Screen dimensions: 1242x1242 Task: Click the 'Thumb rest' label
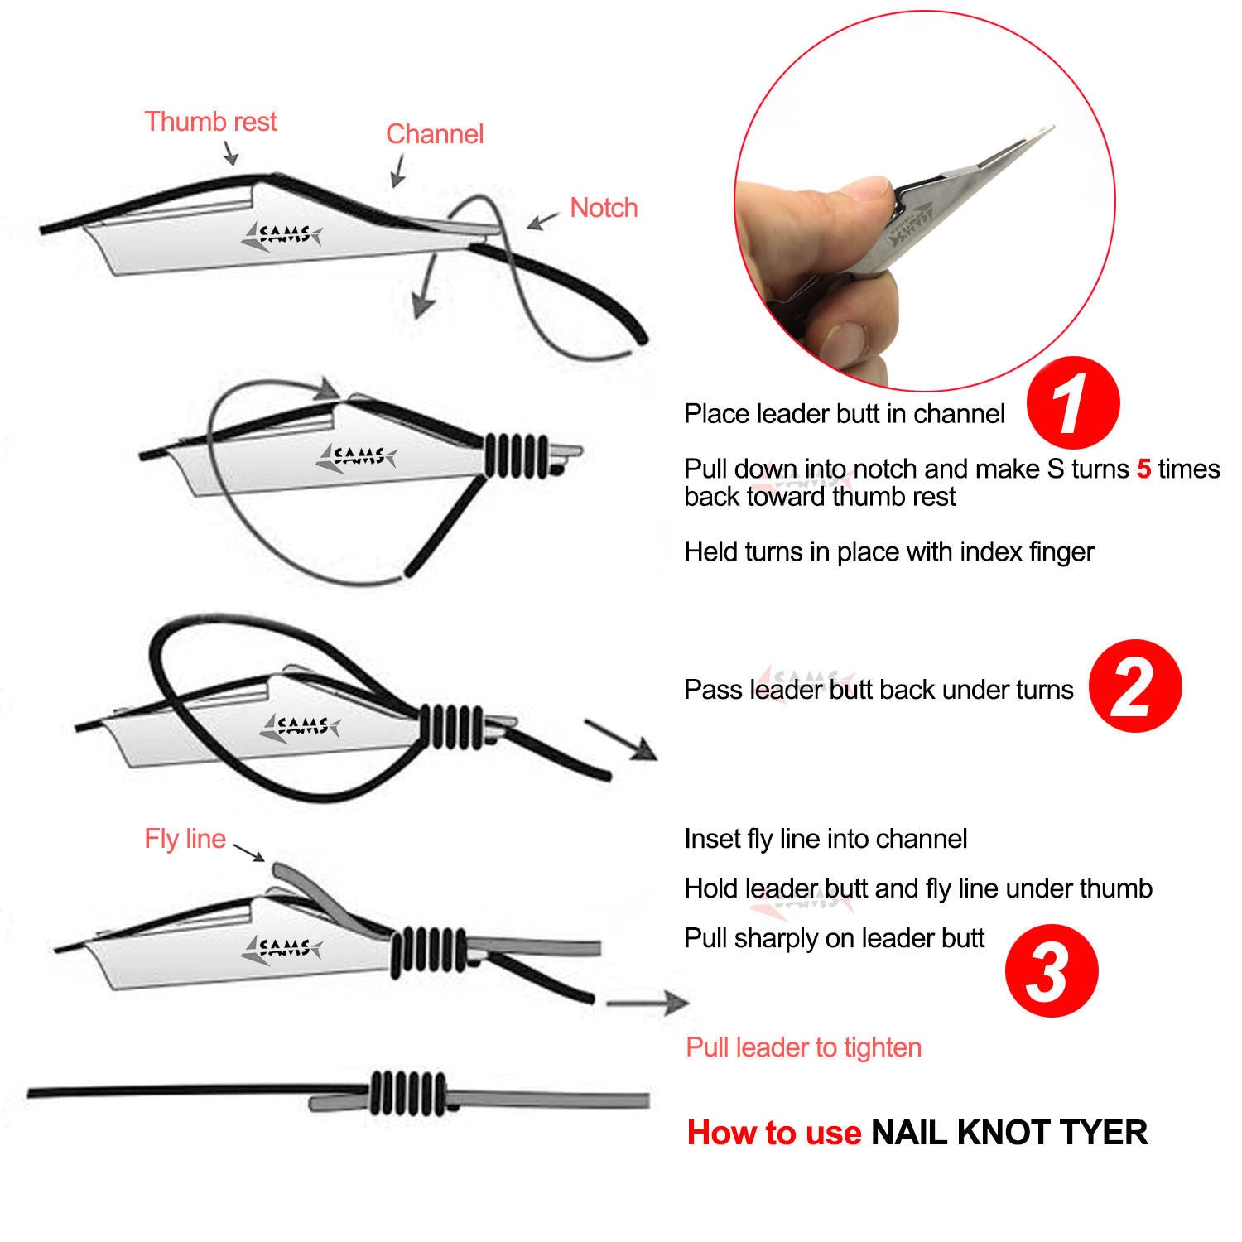210,122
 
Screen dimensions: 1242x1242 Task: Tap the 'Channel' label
435,134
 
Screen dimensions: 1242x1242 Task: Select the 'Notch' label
604,208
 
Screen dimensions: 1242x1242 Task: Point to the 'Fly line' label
185,839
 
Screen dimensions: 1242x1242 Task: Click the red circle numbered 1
1072,404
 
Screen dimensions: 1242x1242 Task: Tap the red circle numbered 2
1134,686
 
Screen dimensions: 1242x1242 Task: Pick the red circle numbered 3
1051,970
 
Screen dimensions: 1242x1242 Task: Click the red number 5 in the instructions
1143,469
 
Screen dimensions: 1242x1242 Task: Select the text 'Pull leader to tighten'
803,1047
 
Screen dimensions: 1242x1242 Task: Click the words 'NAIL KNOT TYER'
1009,1133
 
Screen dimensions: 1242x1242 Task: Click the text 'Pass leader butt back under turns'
878,690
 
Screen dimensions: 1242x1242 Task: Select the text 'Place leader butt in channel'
844,414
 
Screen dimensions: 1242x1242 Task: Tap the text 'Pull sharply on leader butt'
834,938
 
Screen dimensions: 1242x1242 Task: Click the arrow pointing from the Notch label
543,221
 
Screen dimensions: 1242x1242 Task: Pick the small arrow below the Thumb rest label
230,152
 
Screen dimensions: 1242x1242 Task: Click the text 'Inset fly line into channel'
826,840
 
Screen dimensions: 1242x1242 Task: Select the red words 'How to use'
773,1133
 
